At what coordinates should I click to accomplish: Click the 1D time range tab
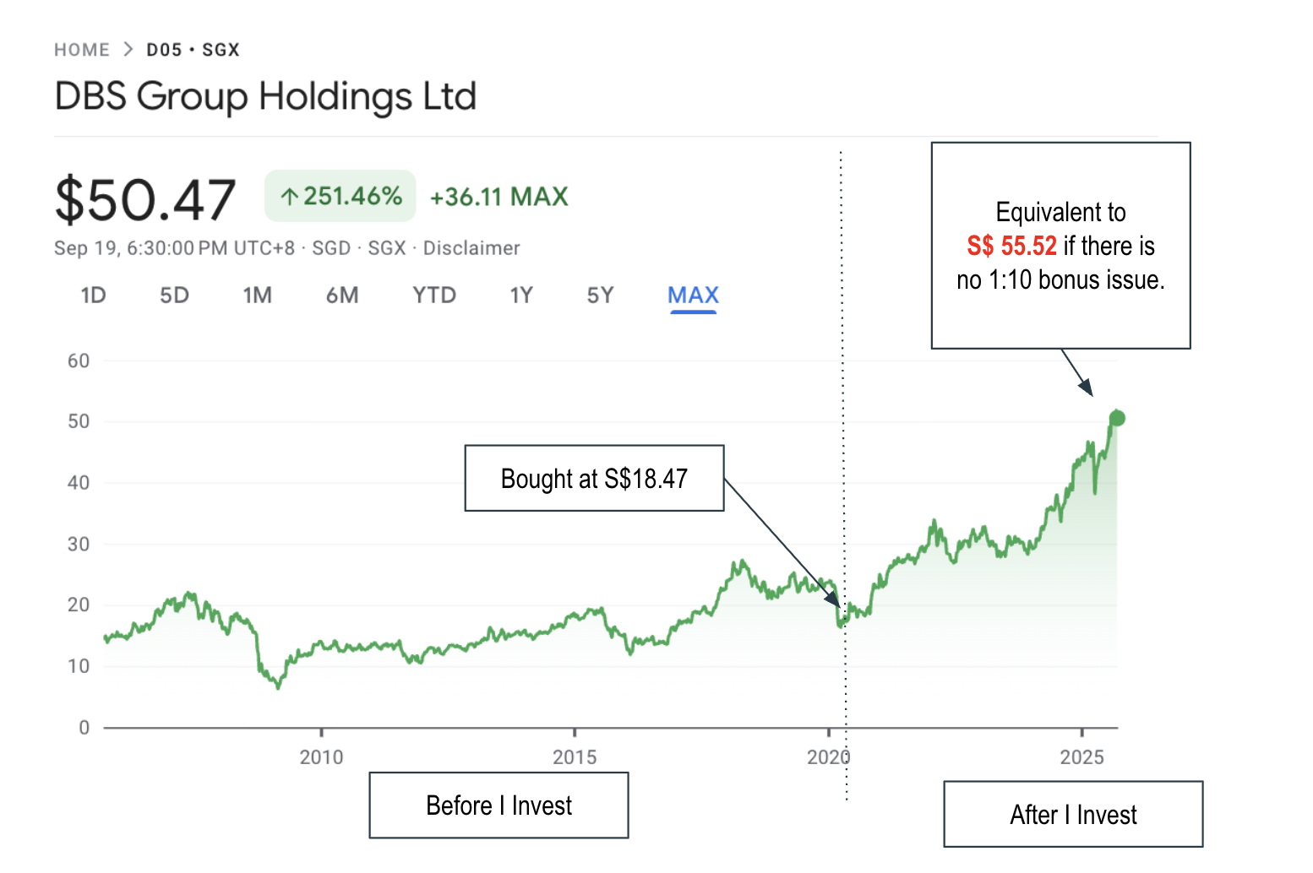93,296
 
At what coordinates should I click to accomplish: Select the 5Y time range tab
600,296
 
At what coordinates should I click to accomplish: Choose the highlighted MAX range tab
693,296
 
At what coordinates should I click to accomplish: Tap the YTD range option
434,296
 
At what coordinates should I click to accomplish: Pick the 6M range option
342,296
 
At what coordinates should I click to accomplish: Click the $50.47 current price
145,200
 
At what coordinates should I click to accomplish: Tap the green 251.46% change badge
341,196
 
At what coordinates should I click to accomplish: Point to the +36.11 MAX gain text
499,197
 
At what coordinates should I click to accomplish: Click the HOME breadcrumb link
82,50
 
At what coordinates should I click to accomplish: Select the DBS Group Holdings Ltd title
265,96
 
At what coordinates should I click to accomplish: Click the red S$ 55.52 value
1011,246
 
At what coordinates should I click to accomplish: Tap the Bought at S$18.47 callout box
594,479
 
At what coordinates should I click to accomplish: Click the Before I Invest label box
499,805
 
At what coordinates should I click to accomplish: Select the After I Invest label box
1073,815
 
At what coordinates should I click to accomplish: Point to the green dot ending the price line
1117,418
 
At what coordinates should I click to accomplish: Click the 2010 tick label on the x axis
321,756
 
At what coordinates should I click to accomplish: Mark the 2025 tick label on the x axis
1081,756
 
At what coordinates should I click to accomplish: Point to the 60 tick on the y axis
79,361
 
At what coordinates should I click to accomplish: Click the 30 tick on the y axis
79,545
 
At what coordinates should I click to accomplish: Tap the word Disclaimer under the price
471,248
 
